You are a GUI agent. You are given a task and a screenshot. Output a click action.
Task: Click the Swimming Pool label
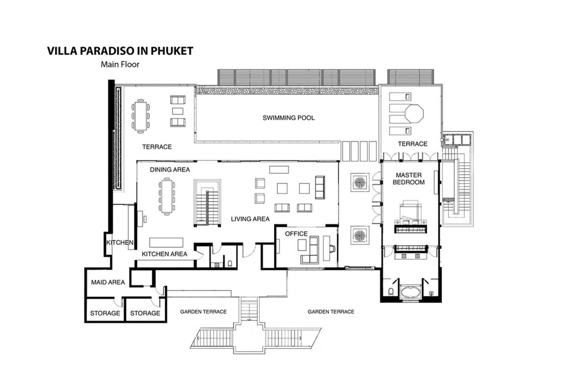click(288, 118)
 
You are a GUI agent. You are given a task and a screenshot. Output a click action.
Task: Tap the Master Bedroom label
click(409, 179)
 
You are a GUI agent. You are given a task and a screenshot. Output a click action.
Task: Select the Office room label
click(296, 234)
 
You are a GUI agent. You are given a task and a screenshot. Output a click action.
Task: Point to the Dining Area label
click(170, 170)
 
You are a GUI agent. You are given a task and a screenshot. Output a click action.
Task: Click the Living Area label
click(250, 219)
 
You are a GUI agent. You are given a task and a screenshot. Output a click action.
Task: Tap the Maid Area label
click(108, 282)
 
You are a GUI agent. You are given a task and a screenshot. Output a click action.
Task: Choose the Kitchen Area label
click(164, 254)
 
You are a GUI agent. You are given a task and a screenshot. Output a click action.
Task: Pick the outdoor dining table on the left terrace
click(140, 116)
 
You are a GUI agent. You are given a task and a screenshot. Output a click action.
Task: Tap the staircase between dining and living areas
click(207, 203)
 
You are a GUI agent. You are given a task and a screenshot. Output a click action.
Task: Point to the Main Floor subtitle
click(120, 64)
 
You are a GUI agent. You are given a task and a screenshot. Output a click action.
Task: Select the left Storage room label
click(105, 313)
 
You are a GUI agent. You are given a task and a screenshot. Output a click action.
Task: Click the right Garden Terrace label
click(331, 312)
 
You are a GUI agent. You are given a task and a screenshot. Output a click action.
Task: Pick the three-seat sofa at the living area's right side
click(320, 188)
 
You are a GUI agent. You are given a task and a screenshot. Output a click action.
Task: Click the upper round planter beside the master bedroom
click(360, 182)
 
